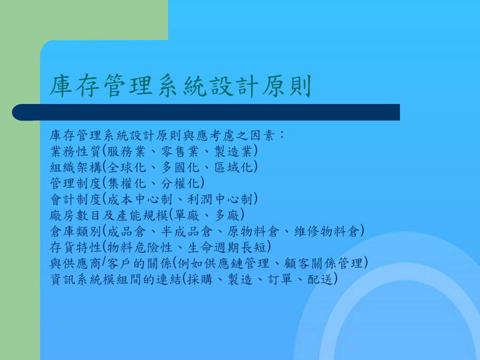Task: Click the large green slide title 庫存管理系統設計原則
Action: click(181, 86)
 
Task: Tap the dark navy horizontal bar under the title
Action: click(206, 113)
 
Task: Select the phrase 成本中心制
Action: click(140, 199)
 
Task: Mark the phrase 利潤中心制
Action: click(220, 199)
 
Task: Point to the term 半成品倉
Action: click(187, 231)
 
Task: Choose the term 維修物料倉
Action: click(326, 231)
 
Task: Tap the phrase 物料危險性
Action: click(140, 247)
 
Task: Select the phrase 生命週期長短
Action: click(227, 247)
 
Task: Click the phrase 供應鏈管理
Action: click(236, 263)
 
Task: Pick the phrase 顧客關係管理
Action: click(323, 263)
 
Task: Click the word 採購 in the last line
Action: click(200, 279)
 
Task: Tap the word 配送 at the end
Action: click(320, 279)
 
